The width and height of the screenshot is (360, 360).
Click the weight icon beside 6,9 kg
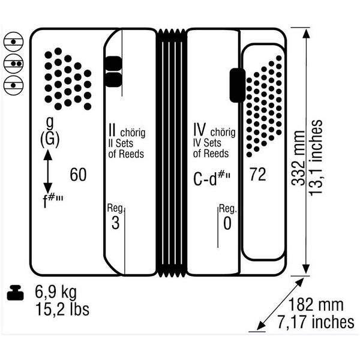coord(16,293)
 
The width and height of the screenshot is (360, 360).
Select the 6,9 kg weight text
coord(56,292)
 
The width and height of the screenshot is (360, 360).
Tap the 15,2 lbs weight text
coord(62,309)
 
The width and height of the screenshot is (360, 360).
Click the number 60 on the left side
coord(78,175)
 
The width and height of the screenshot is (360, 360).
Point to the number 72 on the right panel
coord(258,174)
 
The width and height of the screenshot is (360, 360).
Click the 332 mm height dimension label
coord(298,158)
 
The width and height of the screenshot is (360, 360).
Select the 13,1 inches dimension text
coord(315,158)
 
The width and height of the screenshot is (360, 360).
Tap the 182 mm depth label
coord(316,305)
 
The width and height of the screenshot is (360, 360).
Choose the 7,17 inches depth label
coord(316,322)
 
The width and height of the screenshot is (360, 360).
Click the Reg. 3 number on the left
coord(115,223)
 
